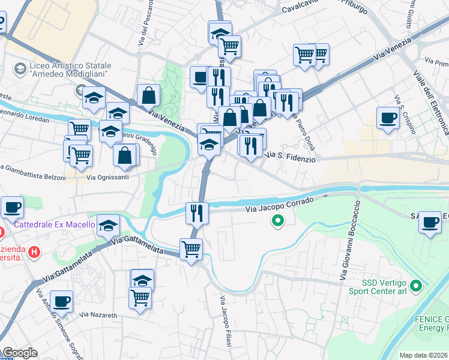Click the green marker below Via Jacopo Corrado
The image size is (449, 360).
(277, 222)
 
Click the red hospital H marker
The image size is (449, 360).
(35, 251)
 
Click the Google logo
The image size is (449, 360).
(20, 352)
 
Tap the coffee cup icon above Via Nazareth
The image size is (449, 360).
(61, 301)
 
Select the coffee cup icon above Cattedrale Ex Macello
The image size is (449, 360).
(12, 207)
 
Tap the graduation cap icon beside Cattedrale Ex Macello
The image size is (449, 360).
(108, 226)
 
